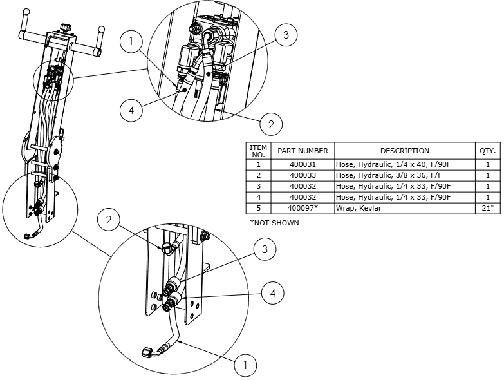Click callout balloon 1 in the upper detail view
coord(132,43)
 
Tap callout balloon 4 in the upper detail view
coord(132,109)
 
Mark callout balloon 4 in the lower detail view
coord(273,293)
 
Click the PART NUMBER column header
coord(303,151)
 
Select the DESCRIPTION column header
coord(404,151)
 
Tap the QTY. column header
coord(487,151)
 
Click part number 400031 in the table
coord(303,164)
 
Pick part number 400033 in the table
coord(303,175)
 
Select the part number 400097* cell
coord(303,208)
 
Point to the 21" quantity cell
coord(487,208)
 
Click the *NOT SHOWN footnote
coord(274,223)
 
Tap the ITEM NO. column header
coord(258,151)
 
